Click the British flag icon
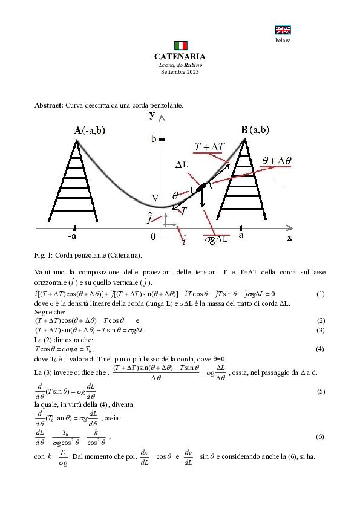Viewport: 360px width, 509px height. click(x=283, y=30)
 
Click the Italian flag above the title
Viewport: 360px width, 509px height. click(x=180, y=45)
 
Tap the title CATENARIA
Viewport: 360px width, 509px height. click(x=180, y=56)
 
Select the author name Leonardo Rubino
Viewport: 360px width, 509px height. click(x=180, y=65)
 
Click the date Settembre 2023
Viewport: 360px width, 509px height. click(x=180, y=71)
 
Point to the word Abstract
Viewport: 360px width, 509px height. click(x=49, y=105)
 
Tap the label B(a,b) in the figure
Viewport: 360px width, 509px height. click(x=255, y=129)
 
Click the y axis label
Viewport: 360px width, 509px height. click(x=152, y=115)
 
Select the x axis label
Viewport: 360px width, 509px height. click(x=289, y=238)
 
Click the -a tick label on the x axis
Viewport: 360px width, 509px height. click(x=72, y=236)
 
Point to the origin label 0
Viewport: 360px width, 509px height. click(x=153, y=237)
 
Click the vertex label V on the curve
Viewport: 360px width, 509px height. click(x=155, y=198)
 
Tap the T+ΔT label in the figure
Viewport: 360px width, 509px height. click(x=211, y=148)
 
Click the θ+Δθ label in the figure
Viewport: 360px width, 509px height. click(x=277, y=161)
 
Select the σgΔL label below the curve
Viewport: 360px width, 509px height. click(x=217, y=239)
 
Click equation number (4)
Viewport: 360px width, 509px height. click(x=320, y=349)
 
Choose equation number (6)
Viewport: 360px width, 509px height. click(x=320, y=435)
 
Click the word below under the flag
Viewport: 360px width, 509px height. click(x=283, y=41)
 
